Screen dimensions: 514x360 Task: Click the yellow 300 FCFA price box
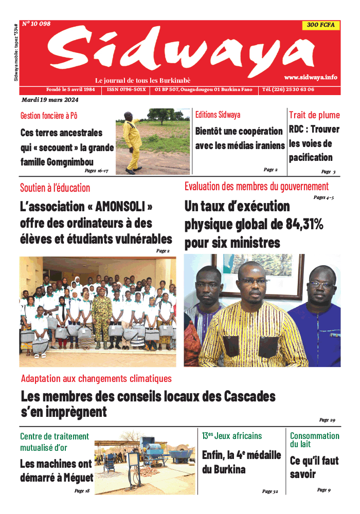coord(320,25)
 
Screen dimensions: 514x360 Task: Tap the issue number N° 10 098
coord(36,24)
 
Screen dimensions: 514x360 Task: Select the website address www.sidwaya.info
coord(310,77)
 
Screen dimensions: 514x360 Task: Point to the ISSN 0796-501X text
coord(127,89)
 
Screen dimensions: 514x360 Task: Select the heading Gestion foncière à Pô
coord(49,116)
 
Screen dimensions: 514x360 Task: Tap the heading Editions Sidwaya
coord(218,115)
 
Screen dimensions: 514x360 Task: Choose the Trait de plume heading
coord(314,115)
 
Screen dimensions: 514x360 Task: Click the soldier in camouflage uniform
coord(101,314)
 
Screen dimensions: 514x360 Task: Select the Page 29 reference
coord(327,420)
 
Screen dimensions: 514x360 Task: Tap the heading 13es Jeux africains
coord(232,436)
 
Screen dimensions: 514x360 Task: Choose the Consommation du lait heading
coord(314,439)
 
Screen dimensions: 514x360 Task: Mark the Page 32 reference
coord(270,491)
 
